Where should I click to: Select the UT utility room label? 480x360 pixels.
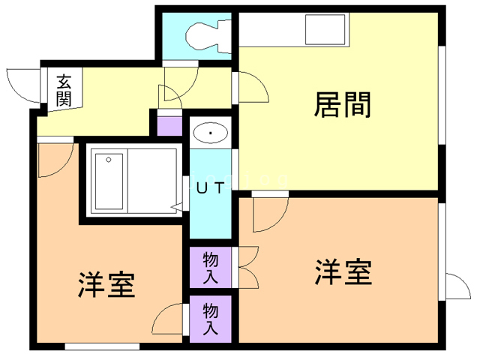pos(209,188)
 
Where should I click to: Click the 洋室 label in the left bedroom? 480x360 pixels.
pos(106,285)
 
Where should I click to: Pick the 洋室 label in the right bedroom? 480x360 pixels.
pos(343,272)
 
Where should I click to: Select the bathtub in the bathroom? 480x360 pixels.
pos(108,180)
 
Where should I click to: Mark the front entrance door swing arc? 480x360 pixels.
pos(22,84)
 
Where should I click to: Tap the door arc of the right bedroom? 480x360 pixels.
pos(268,213)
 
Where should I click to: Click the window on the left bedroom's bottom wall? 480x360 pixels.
pos(102,346)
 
